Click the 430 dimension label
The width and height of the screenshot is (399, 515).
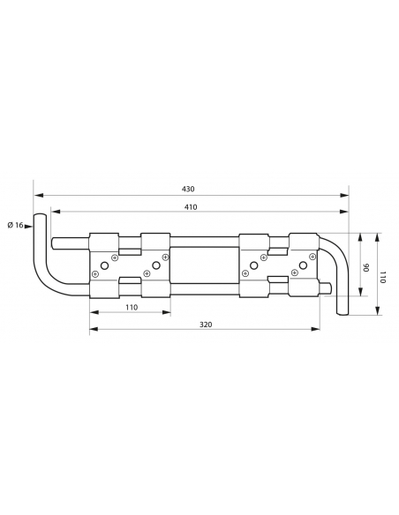[x=188, y=189]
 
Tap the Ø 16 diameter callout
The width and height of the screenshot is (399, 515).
[x=15, y=225]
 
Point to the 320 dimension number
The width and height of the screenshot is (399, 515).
[x=206, y=324]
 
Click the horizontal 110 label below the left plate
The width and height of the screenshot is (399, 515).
[x=131, y=307]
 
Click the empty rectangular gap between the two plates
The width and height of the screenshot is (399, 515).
[x=205, y=265]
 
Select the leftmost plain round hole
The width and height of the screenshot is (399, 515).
[x=105, y=265]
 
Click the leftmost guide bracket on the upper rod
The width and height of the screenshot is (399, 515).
[x=104, y=242]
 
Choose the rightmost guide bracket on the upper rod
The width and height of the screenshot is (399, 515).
[x=303, y=242]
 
